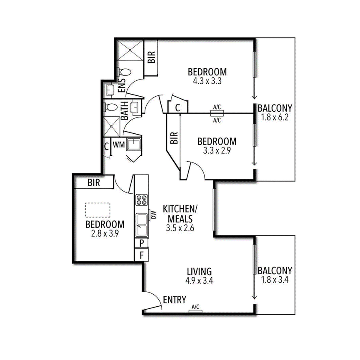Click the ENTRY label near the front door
point(174,300)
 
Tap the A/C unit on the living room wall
point(195,310)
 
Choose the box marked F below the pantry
point(142,255)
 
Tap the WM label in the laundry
point(119,145)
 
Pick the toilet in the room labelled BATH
point(111,107)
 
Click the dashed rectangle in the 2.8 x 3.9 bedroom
point(97,210)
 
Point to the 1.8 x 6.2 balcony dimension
point(275,117)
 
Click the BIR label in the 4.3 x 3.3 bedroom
point(151,57)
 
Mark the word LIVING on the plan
point(199,271)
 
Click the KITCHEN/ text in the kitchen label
point(177,208)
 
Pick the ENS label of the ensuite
point(122,86)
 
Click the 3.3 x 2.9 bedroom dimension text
point(217,151)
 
